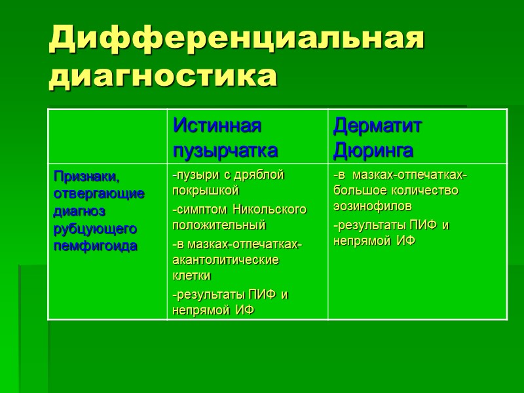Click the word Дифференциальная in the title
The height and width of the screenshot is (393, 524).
[x=236, y=40]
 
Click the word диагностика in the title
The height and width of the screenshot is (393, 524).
[x=163, y=77]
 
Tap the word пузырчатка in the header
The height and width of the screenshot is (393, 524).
[x=225, y=151]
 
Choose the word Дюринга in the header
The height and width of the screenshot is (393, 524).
[x=373, y=151]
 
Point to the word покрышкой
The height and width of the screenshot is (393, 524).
[x=205, y=191]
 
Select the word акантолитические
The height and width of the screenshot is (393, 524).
[x=225, y=259]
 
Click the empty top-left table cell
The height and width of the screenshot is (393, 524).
[x=107, y=136]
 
